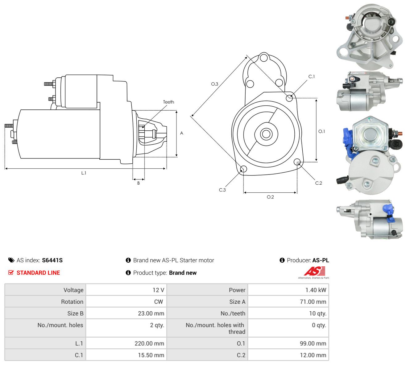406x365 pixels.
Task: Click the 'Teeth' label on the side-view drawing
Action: [168, 102]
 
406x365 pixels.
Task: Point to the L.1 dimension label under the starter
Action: [84, 173]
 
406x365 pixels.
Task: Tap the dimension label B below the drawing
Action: [139, 183]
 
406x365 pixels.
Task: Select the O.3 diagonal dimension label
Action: [214, 84]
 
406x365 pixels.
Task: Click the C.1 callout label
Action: [312, 76]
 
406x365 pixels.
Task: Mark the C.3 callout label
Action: [222, 190]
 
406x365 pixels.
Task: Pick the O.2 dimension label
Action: [270, 197]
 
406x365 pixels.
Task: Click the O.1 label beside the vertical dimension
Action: [321, 131]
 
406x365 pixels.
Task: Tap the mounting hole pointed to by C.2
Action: [297, 162]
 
